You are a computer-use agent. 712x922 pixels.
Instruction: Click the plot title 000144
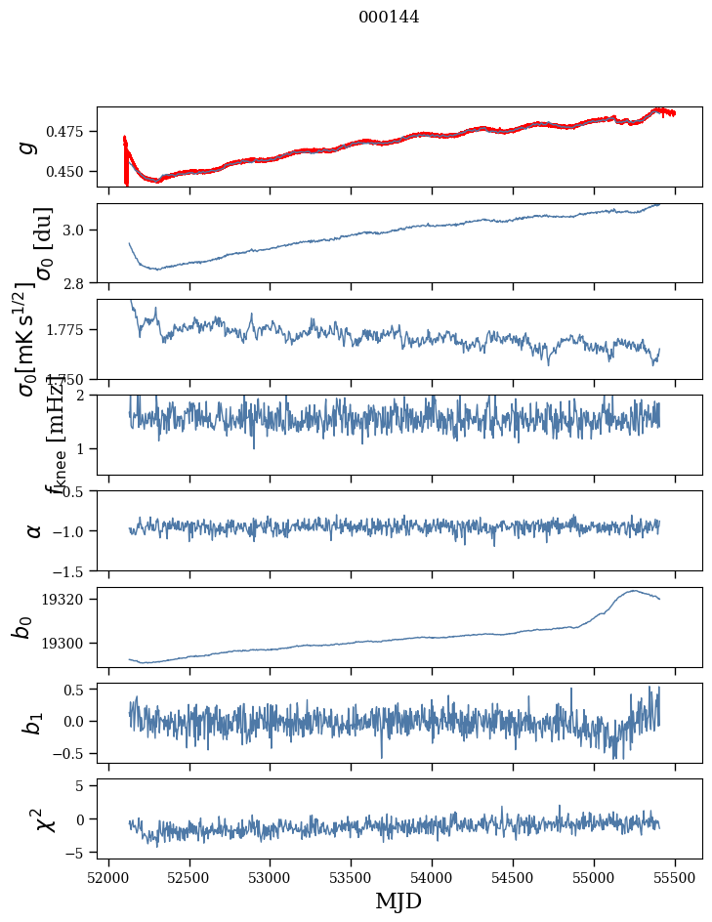coord(389,17)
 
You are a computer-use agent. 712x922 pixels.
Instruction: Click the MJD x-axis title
coord(398,901)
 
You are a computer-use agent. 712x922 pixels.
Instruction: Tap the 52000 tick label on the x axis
coord(108,878)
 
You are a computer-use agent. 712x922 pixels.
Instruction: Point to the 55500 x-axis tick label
coord(676,878)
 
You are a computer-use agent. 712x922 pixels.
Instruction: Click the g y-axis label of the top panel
coord(27,147)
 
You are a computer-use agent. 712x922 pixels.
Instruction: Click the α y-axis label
coord(33,530)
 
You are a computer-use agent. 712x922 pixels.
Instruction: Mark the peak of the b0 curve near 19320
coord(635,590)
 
